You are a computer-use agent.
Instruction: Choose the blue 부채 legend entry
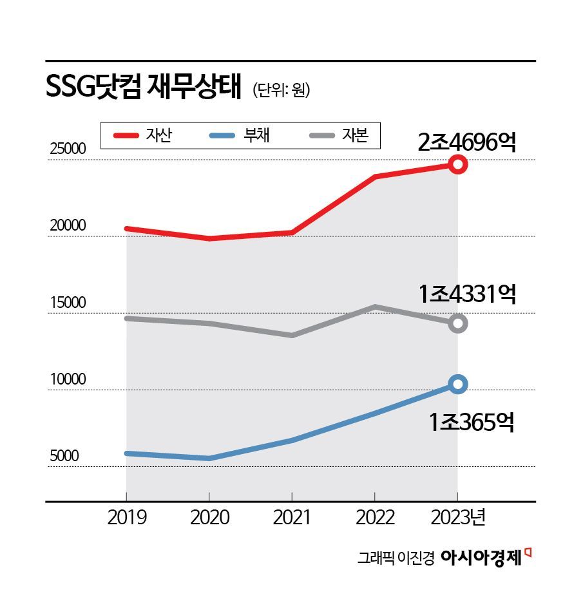point(240,135)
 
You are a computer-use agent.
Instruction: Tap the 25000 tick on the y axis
point(68,149)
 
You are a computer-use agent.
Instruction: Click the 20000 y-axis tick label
point(68,226)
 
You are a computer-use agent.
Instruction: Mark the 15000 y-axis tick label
point(68,303)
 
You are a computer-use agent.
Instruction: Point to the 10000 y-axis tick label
point(68,379)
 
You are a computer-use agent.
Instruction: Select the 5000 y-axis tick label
point(64,456)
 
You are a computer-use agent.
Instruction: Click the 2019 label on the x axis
point(126,518)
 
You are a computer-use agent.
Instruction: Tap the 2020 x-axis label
point(209,518)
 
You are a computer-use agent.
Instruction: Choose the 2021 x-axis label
point(292,518)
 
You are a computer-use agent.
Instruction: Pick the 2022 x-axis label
point(375,518)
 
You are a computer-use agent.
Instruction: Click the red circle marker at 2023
point(457,164)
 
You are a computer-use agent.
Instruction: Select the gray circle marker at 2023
point(457,323)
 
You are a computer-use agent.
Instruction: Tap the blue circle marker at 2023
point(457,385)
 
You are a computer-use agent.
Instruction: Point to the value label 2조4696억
point(466,142)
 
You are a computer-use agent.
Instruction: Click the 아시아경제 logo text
point(481,558)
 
